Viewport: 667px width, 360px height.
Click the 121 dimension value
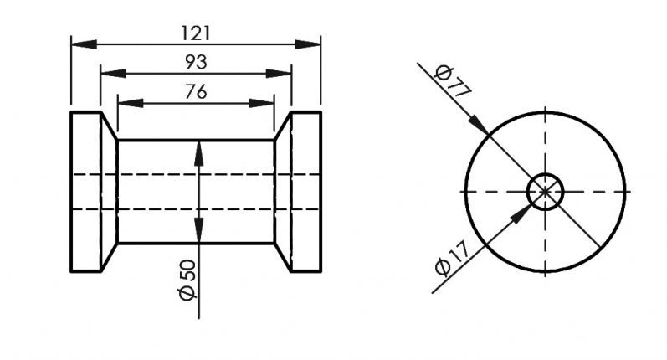[196, 33]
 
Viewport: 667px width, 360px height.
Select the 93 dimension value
[196, 62]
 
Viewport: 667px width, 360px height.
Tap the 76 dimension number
[196, 91]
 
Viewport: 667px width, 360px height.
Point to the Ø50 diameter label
[187, 280]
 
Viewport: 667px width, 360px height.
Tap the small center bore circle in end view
[546, 191]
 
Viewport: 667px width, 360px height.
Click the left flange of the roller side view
[85, 192]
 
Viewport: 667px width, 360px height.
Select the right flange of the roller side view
[305, 192]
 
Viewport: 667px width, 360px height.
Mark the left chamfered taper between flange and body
[109, 192]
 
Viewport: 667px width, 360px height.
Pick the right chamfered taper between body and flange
[282, 192]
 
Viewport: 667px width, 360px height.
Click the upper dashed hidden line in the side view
[196, 174]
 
